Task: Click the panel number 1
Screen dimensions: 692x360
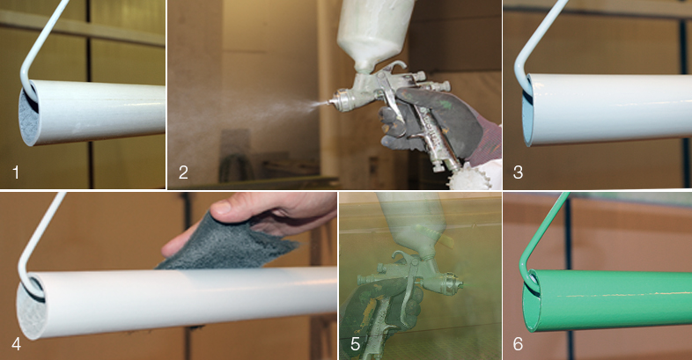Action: pyautogui.click(x=16, y=172)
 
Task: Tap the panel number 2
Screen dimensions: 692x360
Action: pyautogui.click(x=183, y=172)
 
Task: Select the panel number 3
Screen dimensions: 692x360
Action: pyautogui.click(x=518, y=172)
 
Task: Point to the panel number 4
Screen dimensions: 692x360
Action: pyautogui.click(x=17, y=343)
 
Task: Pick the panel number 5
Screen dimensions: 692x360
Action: pyautogui.click(x=356, y=343)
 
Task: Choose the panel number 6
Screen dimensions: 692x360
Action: pyautogui.click(x=518, y=343)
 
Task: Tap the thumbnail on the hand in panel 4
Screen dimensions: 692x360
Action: pyautogui.click(x=221, y=207)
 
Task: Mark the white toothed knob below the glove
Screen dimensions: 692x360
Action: pyautogui.click(x=470, y=176)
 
